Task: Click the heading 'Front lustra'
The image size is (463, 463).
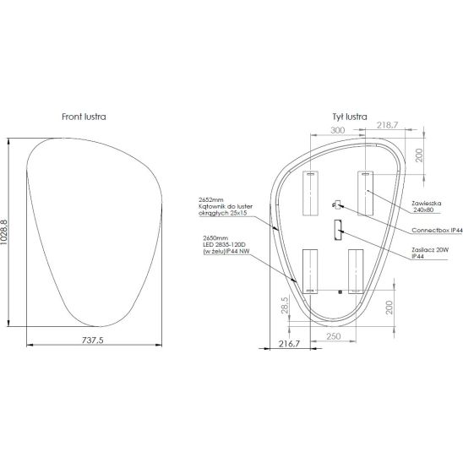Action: tap(84, 117)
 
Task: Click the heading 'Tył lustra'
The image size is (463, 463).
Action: tap(350, 117)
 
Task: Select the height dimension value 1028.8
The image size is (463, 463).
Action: tap(4, 232)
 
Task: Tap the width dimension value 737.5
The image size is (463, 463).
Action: tap(93, 340)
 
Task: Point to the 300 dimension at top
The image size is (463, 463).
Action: tap(337, 130)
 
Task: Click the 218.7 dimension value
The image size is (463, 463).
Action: tap(388, 125)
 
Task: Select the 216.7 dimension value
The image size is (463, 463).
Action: tap(289, 344)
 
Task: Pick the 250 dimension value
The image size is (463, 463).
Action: tap(334, 336)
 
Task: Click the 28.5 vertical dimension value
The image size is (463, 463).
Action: tap(285, 305)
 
